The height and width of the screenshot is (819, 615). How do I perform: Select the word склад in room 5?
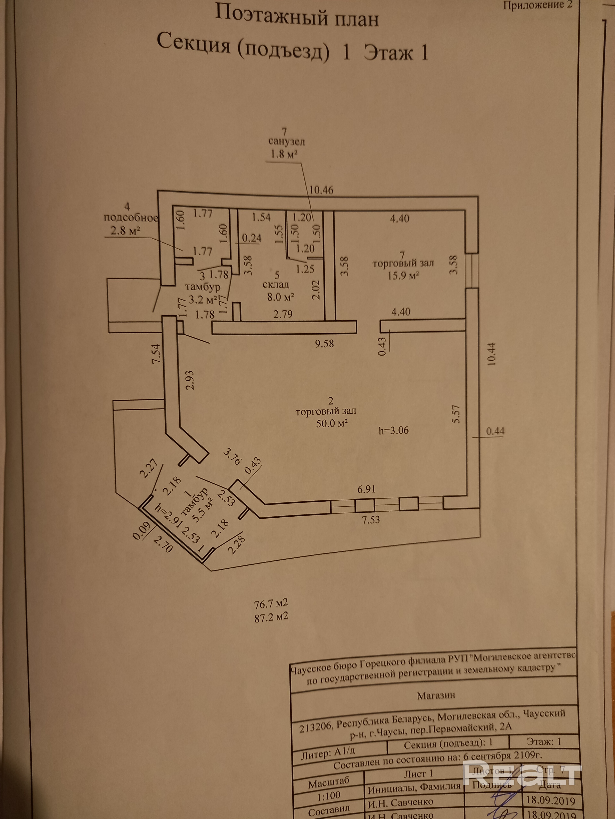point(276,285)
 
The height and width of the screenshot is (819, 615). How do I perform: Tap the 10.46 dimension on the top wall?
point(321,190)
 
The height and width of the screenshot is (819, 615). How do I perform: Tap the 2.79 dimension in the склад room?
point(283,314)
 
